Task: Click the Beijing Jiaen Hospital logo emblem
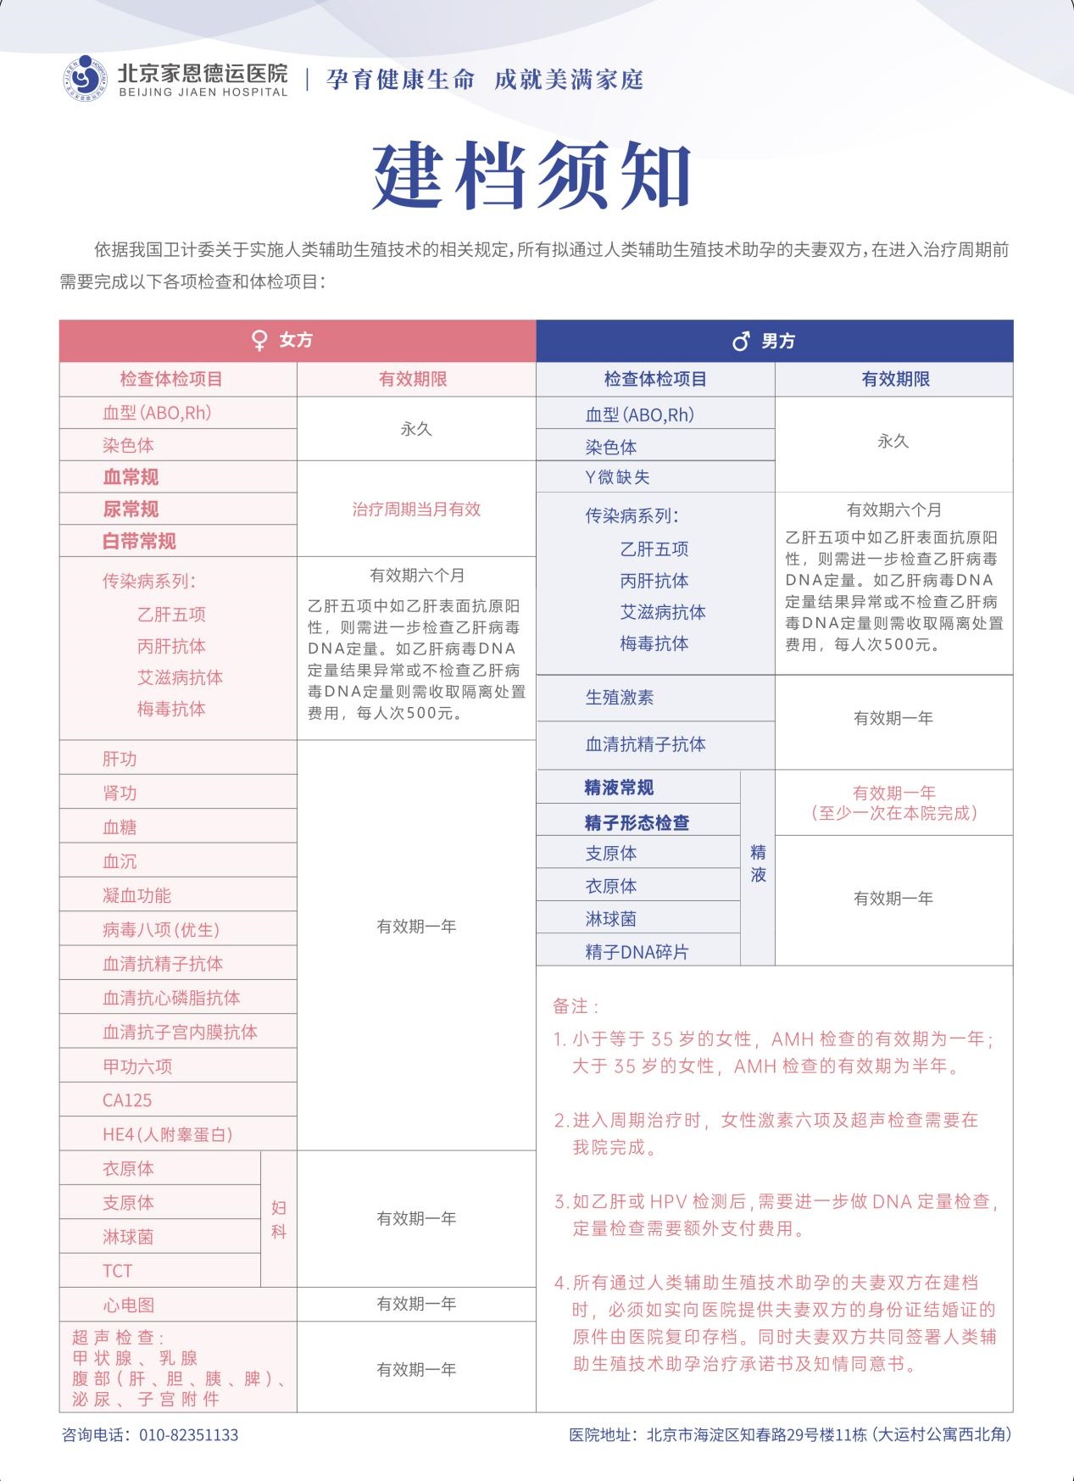click(86, 77)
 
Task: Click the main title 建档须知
click(531, 175)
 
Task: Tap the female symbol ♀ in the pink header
click(260, 341)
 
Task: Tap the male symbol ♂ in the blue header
click(741, 342)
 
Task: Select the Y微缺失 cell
click(617, 477)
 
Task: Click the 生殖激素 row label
click(619, 698)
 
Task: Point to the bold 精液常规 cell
click(619, 788)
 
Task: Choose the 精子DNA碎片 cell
click(637, 952)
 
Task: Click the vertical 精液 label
click(758, 864)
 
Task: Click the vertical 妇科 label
click(279, 1219)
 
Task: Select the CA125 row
click(127, 1100)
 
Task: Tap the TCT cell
click(117, 1271)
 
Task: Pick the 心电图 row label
click(128, 1305)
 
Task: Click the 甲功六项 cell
click(137, 1066)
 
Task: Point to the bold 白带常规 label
click(139, 541)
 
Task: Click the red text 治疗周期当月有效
click(416, 509)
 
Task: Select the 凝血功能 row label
click(136, 895)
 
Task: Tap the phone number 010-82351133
click(188, 1435)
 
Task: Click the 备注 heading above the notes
click(576, 1006)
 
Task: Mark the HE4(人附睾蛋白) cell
click(167, 1134)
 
